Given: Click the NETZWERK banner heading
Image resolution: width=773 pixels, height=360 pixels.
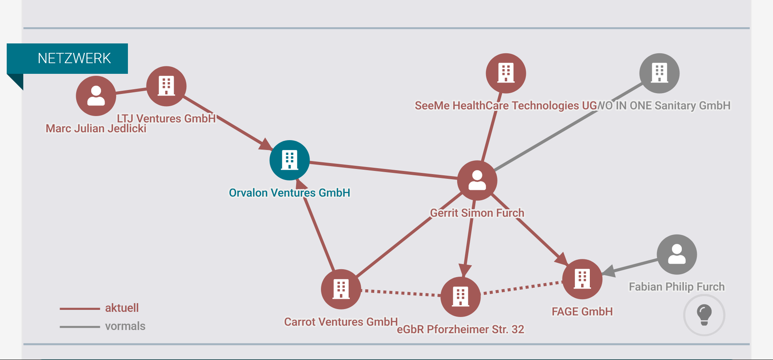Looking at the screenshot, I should (x=74, y=58).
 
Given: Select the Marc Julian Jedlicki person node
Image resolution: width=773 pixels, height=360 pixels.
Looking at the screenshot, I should (x=96, y=96).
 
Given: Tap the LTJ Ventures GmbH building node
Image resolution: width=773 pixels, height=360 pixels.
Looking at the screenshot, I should (x=166, y=86).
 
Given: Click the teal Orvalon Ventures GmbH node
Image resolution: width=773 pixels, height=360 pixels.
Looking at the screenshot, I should (x=289, y=160).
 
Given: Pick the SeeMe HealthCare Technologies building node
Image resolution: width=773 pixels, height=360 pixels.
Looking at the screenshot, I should (x=506, y=73).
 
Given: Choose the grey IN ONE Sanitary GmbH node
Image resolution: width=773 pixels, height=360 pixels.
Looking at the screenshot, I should (x=659, y=73).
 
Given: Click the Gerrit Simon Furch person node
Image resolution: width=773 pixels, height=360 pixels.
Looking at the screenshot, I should (x=477, y=180).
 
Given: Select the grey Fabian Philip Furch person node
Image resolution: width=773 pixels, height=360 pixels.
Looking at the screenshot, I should (x=677, y=254).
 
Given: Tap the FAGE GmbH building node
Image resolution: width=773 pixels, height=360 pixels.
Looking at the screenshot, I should (x=582, y=279).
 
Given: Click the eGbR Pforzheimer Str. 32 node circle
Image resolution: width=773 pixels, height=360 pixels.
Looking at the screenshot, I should (x=460, y=297).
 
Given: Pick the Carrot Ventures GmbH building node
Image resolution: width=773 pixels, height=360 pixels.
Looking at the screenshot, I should (x=341, y=289).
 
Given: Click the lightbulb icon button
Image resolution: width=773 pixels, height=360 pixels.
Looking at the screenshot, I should (x=704, y=315).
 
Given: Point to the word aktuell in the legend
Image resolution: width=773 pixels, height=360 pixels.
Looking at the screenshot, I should (x=122, y=308).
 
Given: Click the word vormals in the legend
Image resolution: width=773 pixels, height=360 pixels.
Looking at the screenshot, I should (x=125, y=326).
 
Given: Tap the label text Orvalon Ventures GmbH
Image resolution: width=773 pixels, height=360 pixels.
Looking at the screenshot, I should (x=289, y=193).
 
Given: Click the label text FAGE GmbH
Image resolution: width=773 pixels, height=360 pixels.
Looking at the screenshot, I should (x=582, y=311).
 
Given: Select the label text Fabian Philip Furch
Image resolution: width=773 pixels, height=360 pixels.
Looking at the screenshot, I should (x=677, y=287).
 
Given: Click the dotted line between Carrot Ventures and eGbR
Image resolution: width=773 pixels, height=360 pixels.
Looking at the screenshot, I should (x=401, y=293).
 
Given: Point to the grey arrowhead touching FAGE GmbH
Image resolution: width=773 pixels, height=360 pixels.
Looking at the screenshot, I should (x=609, y=271).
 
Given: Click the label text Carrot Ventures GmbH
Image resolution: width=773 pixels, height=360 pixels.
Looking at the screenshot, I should (x=341, y=322).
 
